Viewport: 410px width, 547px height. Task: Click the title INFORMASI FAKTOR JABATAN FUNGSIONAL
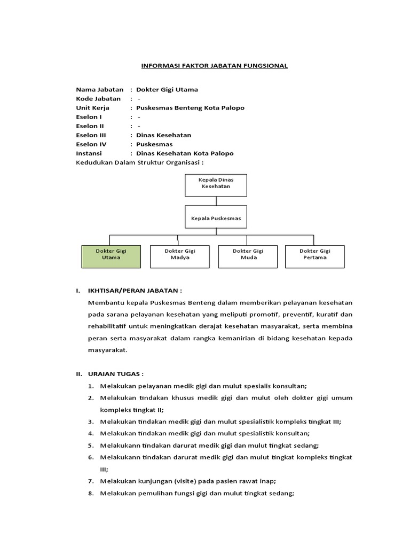(214, 66)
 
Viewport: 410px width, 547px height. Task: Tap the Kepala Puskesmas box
(216, 218)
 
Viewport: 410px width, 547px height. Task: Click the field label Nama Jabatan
(100, 89)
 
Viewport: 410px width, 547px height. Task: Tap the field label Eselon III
(91, 135)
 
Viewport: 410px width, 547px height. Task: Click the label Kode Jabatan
(99, 98)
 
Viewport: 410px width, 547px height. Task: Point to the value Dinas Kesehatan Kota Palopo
(185, 153)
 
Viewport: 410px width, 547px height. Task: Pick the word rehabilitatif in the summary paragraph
(111, 326)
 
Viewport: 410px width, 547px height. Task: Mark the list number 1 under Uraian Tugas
(91, 386)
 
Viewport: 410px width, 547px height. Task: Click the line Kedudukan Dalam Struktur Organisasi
(140, 162)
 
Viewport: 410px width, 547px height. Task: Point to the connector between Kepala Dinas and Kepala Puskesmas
(216, 201)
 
